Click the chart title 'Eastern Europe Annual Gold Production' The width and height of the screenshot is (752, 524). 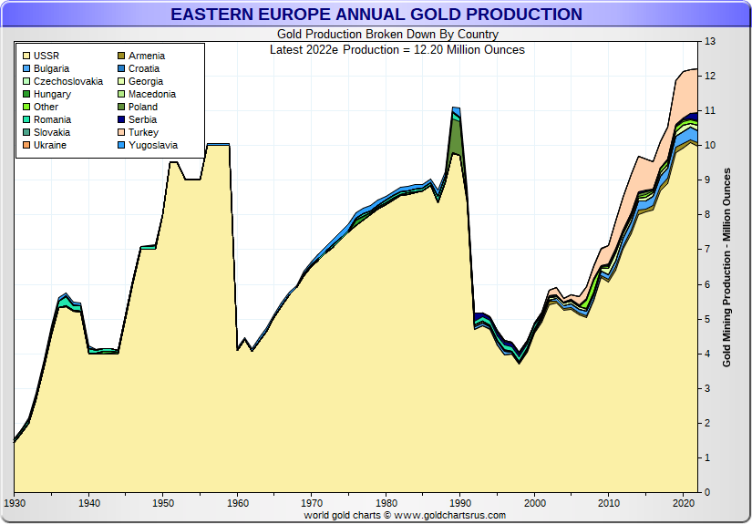(376, 15)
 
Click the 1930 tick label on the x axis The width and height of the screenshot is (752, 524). (15, 503)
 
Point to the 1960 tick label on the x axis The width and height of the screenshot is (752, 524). (238, 503)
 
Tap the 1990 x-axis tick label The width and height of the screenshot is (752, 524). (461, 503)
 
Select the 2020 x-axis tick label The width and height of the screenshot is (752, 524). (685, 503)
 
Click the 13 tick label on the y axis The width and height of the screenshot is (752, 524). (710, 42)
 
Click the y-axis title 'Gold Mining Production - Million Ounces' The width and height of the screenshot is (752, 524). (727, 266)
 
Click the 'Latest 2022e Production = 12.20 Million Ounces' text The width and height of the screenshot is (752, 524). (397, 49)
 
